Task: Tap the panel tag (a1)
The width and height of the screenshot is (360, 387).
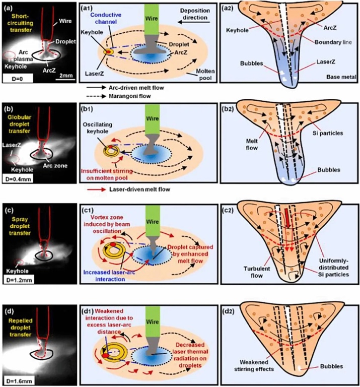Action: [90, 7]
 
